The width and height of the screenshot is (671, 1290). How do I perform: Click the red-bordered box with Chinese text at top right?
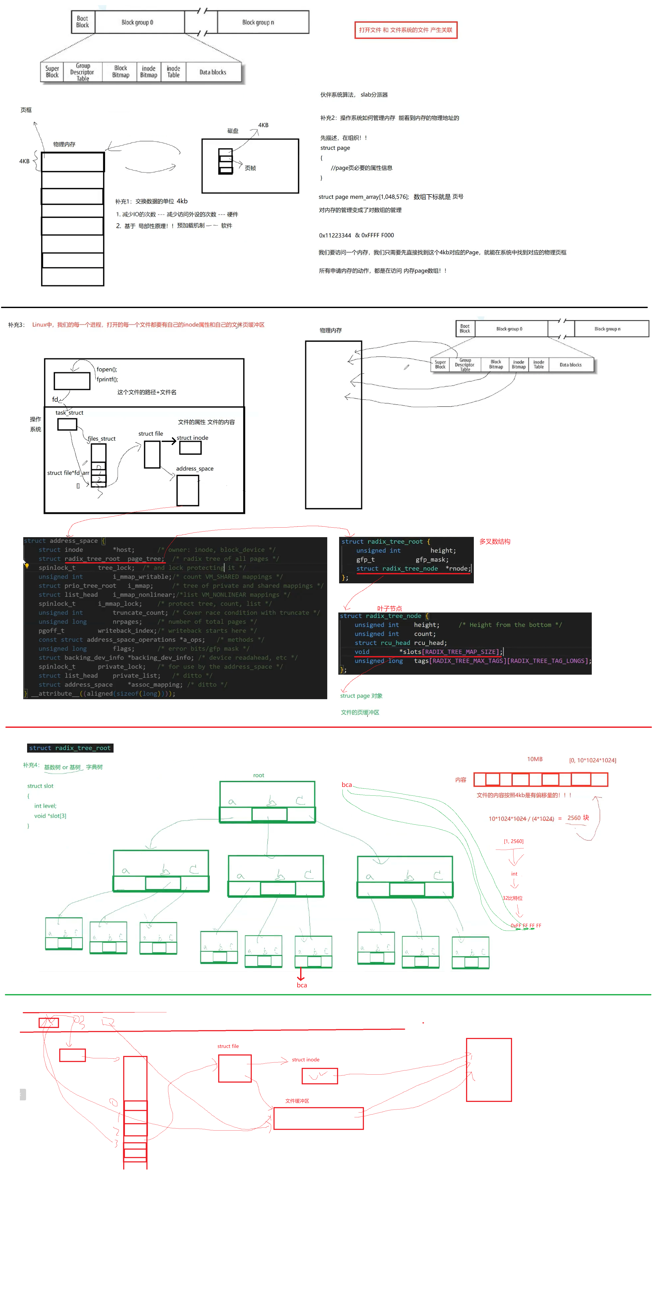(406, 30)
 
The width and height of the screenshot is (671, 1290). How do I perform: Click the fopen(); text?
(107, 369)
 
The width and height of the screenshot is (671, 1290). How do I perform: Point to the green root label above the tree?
(258, 775)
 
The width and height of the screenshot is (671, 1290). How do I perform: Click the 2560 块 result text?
(578, 818)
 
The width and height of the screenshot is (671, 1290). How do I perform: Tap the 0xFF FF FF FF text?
(526, 925)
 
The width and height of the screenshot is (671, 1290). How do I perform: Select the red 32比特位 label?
(512, 898)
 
